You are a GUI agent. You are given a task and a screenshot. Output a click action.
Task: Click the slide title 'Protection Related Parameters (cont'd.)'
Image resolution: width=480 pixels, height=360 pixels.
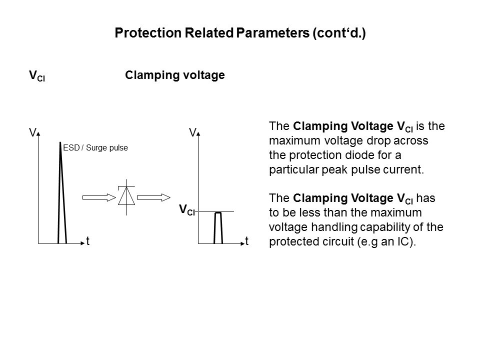click(x=240, y=33)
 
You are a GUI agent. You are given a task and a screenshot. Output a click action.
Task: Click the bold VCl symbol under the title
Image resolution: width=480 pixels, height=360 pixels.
click(x=37, y=76)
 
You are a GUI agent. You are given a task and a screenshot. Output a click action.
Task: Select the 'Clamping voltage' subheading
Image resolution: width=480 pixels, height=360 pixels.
click(x=175, y=75)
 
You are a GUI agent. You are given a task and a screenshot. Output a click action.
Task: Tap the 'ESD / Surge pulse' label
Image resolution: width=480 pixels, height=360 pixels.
click(x=95, y=148)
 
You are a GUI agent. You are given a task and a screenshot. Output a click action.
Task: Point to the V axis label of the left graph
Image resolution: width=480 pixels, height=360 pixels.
click(x=32, y=132)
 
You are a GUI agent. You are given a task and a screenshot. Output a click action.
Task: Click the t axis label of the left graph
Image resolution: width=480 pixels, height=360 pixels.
click(x=88, y=241)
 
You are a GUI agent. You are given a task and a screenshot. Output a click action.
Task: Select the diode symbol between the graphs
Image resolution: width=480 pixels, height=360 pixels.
click(x=126, y=197)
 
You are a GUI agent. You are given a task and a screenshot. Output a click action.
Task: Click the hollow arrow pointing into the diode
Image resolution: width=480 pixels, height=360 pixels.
click(x=99, y=197)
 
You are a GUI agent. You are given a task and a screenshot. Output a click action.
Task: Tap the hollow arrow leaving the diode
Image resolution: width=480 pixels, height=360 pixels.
click(x=153, y=197)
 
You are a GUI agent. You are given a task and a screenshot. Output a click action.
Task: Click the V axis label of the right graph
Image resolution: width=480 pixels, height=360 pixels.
click(x=192, y=132)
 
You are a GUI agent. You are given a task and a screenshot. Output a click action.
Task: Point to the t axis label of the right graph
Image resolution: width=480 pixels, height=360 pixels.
click(x=246, y=241)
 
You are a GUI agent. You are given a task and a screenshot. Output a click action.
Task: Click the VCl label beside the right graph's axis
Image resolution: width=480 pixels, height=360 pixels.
click(x=186, y=210)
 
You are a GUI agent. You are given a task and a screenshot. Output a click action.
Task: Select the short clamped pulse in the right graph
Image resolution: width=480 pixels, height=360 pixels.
click(x=218, y=228)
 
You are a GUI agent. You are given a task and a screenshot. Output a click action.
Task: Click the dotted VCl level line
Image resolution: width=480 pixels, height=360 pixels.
click(x=215, y=211)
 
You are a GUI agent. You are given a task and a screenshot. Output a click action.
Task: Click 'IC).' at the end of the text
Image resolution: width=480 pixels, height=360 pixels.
click(x=407, y=242)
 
